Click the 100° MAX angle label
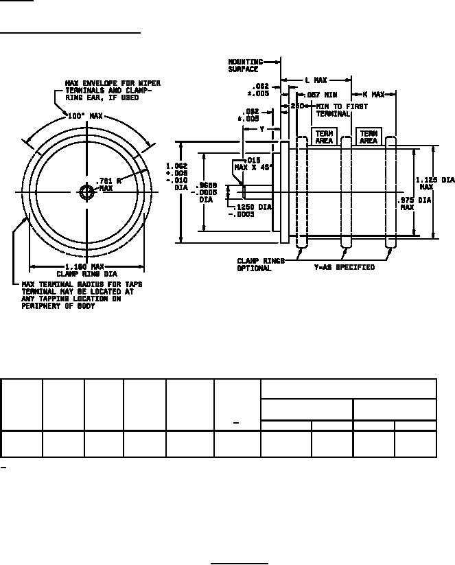86,117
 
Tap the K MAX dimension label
374,93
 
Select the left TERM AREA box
324,137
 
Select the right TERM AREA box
369,137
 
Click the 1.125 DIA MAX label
435,183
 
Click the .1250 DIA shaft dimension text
249,210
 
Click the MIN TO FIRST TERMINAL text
341,111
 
